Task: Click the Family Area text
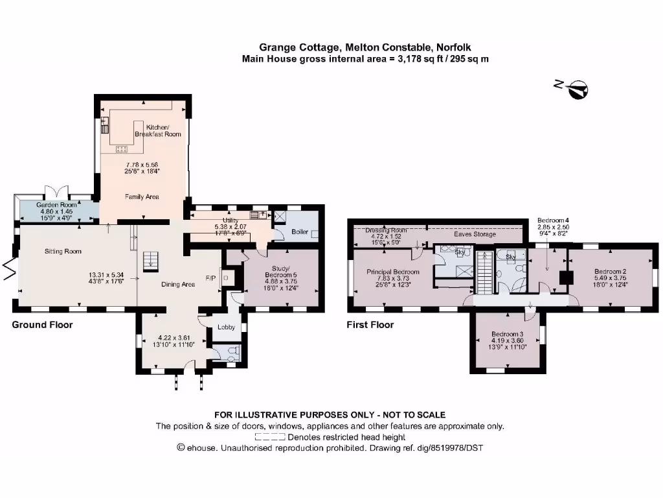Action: [x=142, y=196]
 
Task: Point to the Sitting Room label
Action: [x=63, y=251]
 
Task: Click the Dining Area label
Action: [x=177, y=284]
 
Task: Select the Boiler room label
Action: [x=299, y=231]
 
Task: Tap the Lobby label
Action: [x=226, y=327]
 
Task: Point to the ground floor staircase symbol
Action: [x=150, y=260]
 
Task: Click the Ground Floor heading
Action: [x=42, y=325]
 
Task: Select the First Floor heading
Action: [x=370, y=325]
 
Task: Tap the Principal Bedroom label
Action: [x=393, y=272]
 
